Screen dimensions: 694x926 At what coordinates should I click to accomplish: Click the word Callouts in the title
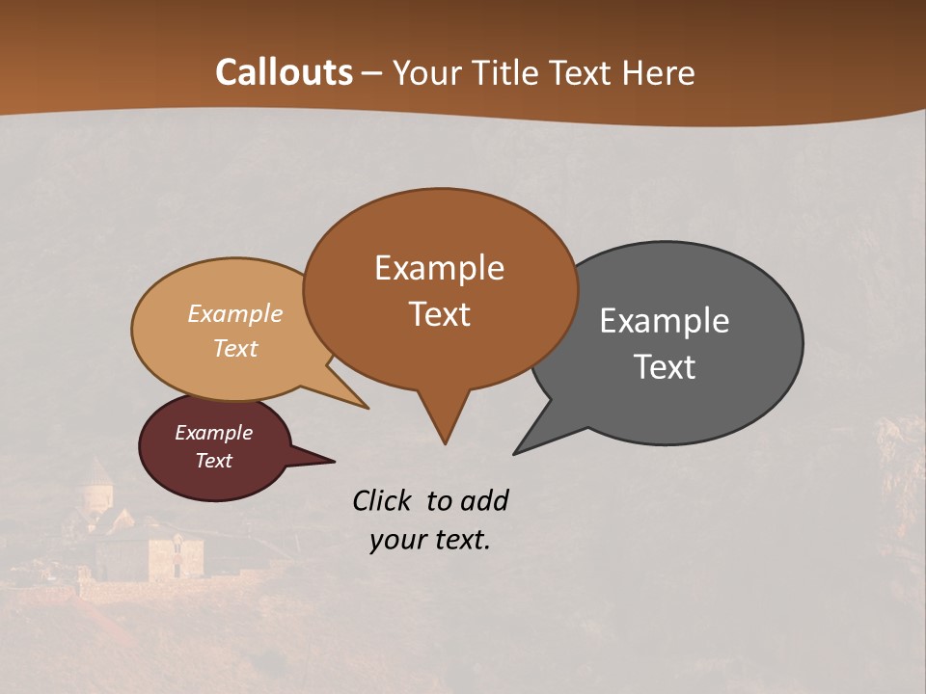click(284, 72)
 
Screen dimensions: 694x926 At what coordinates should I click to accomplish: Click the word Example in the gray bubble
click(665, 321)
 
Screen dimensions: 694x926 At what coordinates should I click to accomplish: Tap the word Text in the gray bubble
click(665, 367)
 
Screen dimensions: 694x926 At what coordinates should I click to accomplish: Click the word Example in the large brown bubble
click(439, 268)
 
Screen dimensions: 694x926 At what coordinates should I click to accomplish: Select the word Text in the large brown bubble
click(439, 314)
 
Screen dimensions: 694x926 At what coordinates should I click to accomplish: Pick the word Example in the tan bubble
click(235, 313)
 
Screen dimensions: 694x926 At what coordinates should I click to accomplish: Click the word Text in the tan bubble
click(235, 348)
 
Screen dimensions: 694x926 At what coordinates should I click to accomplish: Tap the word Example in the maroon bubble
click(213, 433)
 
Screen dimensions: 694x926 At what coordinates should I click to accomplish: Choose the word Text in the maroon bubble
click(213, 461)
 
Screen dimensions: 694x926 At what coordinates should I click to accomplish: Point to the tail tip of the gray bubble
click(515, 452)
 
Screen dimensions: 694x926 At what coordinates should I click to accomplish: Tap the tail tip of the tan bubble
click(367, 407)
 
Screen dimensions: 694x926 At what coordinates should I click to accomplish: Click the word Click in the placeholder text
click(384, 500)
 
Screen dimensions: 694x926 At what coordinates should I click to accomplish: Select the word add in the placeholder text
click(484, 500)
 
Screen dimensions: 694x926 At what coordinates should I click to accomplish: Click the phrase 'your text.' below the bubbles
click(430, 540)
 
